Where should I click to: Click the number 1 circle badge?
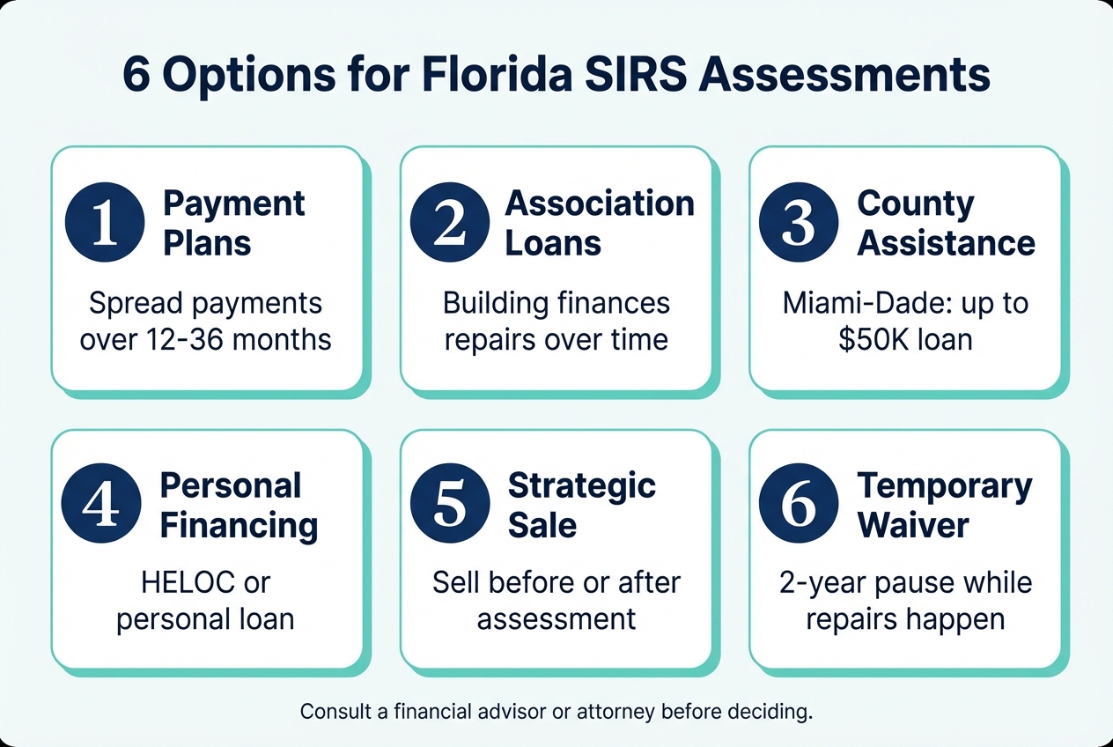tap(105, 222)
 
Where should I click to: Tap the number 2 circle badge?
tap(450, 222)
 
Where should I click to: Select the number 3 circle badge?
tap(799, 222)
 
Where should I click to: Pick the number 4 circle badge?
tap(101, 503)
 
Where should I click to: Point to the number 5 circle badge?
tap(450, 503)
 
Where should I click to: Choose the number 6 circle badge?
tap(799, 503)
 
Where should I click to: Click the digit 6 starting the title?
tap(136, 76)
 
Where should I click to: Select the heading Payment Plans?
tap(233, 223)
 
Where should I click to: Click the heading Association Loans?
tap(600, 223)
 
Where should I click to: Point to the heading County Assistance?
tap(946, 223)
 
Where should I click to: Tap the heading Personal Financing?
tap(239, 506)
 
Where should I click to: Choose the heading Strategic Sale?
tap(582, 506)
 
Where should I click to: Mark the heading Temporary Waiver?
tap(945, 506)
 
